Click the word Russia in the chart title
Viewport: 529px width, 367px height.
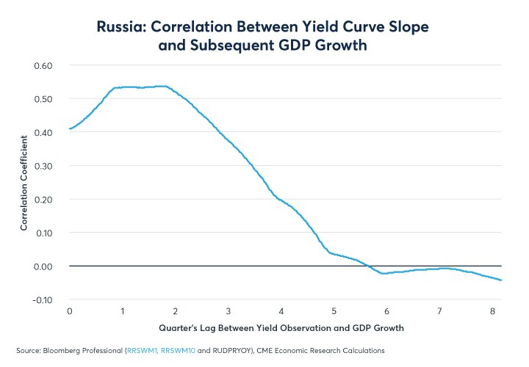click(123, 27)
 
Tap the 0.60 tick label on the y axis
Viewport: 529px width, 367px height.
click(43, 65)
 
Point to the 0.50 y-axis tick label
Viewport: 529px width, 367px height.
click(43, 98)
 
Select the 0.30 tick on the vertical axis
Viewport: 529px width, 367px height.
click(43, 165)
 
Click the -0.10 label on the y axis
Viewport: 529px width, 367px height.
click(42, 299)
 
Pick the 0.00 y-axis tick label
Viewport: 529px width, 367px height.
click(43, 266)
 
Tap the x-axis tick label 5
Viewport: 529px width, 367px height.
click(334, 310)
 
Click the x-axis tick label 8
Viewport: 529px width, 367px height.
click(493, 310)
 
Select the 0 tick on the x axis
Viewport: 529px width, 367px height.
click(69, 310)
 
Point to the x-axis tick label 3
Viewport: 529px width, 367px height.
click(228, 310)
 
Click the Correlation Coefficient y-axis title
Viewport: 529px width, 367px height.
click(24, 182)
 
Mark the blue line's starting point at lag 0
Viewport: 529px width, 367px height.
click(70, 128)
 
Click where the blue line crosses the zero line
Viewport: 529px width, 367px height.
click(370, 266)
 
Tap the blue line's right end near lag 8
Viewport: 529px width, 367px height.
click(501, 280)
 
